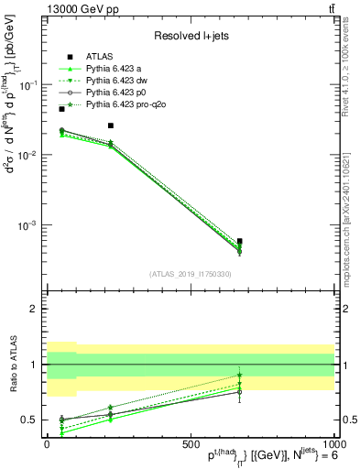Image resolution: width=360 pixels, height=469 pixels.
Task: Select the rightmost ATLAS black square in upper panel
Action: click(239, 241)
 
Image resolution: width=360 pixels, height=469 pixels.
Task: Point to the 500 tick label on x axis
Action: click(190, 443)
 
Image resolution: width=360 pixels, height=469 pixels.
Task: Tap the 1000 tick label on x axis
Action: click(331, 443)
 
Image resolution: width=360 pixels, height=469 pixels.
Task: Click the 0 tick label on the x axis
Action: click(48, 443)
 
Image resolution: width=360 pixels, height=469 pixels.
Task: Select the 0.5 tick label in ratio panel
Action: click(29, 420)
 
